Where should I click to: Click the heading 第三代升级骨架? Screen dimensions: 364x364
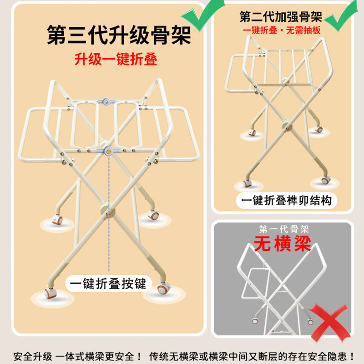(x=119, y=35)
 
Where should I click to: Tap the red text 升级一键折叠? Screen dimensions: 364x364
(x=116, y=60)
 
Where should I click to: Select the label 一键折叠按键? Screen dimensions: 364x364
(x=108, y=283)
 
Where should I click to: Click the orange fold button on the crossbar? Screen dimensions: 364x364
(x=108, y=152)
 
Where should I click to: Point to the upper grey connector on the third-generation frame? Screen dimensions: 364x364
(x=106, y=101)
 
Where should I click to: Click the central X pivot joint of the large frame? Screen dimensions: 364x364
(x=107, y=209)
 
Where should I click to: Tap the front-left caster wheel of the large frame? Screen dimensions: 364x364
(x=50, y=293)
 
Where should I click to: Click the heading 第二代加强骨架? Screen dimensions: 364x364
(x=281, y=17)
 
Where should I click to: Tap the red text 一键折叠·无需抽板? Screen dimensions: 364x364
(x=282, y=30)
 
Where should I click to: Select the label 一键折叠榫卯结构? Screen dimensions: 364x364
(x=287, y=201)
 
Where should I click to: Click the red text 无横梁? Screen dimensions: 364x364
(x=282, y=243)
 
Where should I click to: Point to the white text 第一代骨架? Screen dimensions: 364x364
(x=283, y=229)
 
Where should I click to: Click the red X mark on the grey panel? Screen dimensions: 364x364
(x=329, y=322)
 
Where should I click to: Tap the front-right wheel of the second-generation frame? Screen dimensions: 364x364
(x=325, y=180)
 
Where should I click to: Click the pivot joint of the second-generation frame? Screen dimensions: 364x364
(x=287, y=126)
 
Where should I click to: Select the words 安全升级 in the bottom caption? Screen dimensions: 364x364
(x=32, y=356)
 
